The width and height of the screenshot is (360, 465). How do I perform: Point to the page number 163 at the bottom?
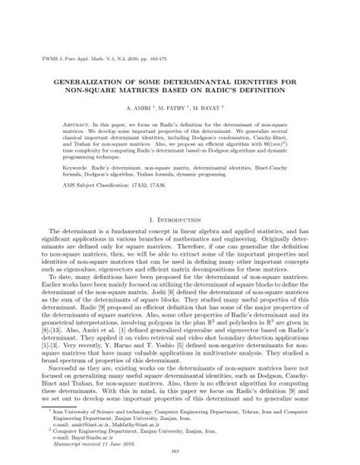(x=179, y=453)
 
